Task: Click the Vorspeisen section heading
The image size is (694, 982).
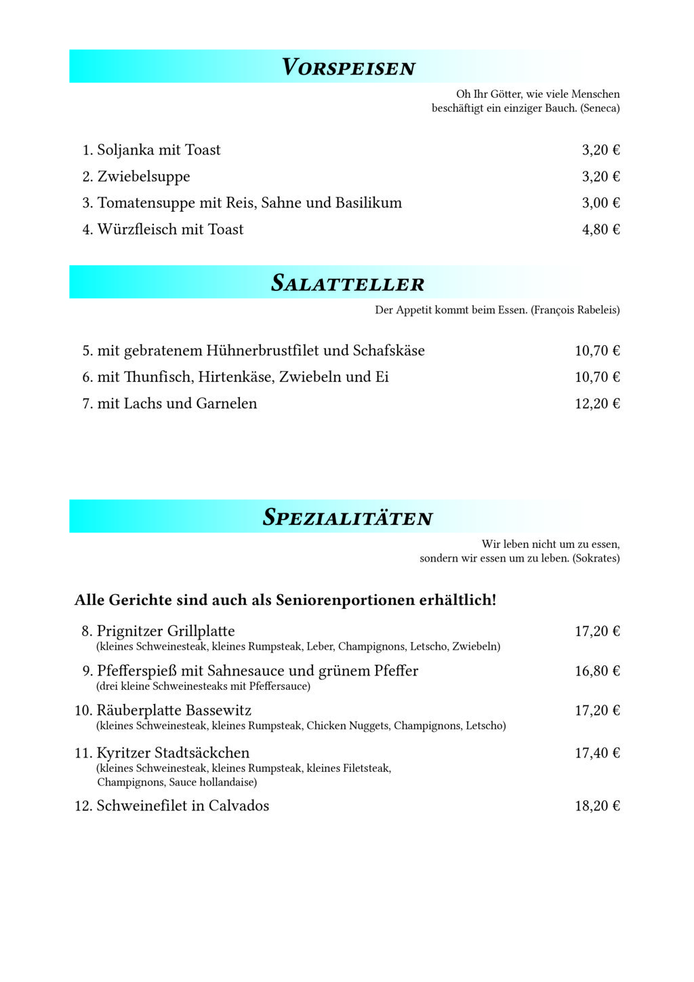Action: pyautogui.click(x=348, y=67)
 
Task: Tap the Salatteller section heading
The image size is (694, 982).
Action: pyautogui.click(x=348, y=283)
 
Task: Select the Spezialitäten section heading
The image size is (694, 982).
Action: pyautogui.click(x=348, y=517)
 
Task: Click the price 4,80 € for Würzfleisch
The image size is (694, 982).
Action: pyautogui.click(x=600, y=229)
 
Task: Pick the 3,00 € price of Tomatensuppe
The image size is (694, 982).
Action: pyautogui.click(x=600, y=203)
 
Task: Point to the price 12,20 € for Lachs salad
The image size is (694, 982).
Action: pyautogui.click(x=597, y=404)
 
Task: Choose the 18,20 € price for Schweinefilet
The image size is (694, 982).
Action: pyautogui.click(x=597, y=806)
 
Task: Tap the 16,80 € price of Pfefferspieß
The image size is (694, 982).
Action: pyautogui.click(x=597, y=671)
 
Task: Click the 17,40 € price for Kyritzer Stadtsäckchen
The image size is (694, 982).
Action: pyautogui.click(x=597, y=753)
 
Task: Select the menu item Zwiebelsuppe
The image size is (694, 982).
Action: pyautogui.click(x=144, y=176)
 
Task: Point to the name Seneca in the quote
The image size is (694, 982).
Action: pyautogui.click(x=600, y=109)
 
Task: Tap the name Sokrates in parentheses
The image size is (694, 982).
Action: pyautogui.click(x=596, y=559)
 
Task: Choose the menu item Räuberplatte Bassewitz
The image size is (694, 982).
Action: pyautogui.click(x=173, y=711)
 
